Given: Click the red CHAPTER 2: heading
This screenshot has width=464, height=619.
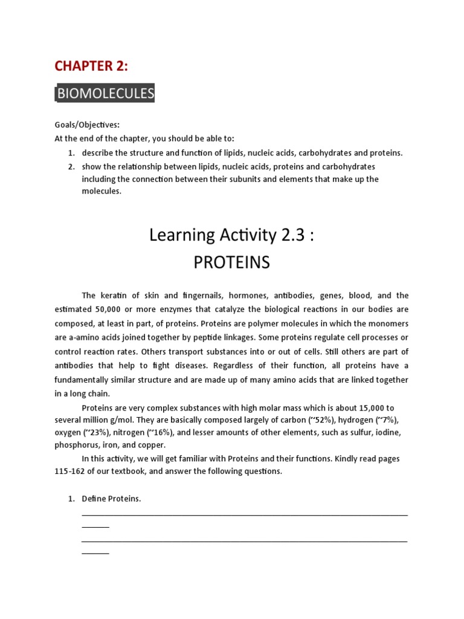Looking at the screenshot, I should (x=91, y=66).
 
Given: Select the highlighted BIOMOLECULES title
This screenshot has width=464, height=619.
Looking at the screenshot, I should (x=105, y=94).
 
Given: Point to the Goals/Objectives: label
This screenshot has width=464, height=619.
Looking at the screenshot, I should (x=87, y=125).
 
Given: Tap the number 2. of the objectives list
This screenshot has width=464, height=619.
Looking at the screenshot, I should (x=71, y=166).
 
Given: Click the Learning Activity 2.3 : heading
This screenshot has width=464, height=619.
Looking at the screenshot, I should (x=232, y=235).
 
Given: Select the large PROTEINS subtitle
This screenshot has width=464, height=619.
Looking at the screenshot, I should (x=231, y=263).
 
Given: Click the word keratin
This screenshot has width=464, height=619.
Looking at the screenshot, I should (x=114, y=296).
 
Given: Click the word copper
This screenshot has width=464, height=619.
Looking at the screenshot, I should (x=150, y=445).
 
